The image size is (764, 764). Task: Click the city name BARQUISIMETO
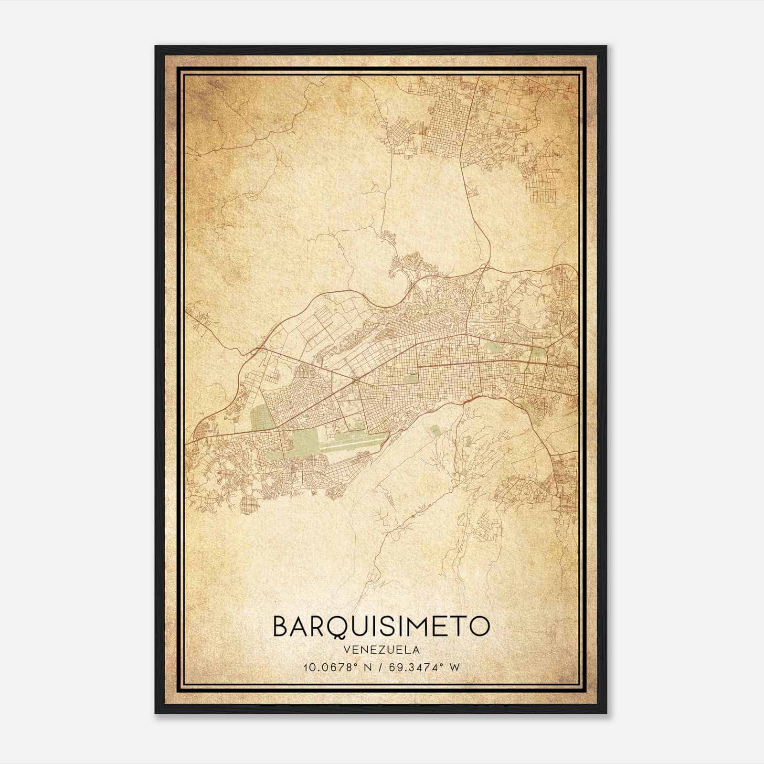[381, 626]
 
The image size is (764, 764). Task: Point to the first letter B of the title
[281, 626]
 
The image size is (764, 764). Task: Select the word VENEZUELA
[381, 650]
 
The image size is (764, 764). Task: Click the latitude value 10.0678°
[329, 668]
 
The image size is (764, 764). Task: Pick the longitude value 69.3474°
[415, 668]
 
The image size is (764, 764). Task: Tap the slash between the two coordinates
[380, 668]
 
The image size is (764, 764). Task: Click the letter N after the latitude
[367, 668]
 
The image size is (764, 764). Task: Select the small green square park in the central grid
[410, 378]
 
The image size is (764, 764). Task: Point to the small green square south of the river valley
[434, 431]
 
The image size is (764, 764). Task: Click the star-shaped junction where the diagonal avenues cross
[357, 381]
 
